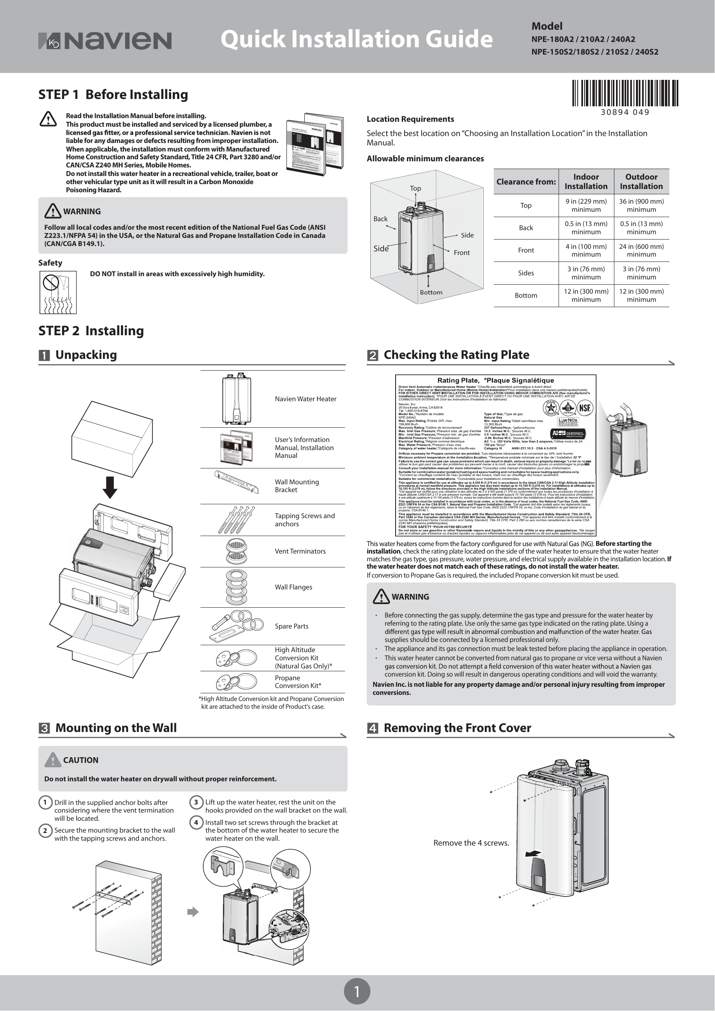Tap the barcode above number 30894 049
click(x=625, y=93)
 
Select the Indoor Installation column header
click(x=585, y=181)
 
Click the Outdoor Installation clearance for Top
click(x=641, y=205)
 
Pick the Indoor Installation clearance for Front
click(x=585, y=250)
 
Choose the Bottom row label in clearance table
click(x=526, y=295)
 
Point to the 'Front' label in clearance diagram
click(x=461, y=253)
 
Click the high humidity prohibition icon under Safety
click(x=58, y=292)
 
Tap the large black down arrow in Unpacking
click(x=110, y=487)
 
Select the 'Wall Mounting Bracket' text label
click(x=297, y=486)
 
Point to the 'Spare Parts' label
click(x=291, y=626)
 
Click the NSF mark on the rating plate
click(x=584, y=407)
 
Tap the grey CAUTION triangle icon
click(x=53, y=760)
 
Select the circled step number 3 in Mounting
click(x=196, y=802)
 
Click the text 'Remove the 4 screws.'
click(x=471, y=843)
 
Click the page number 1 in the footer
click(x=357, y=991)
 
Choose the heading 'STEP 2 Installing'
click(x=91, y=331)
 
